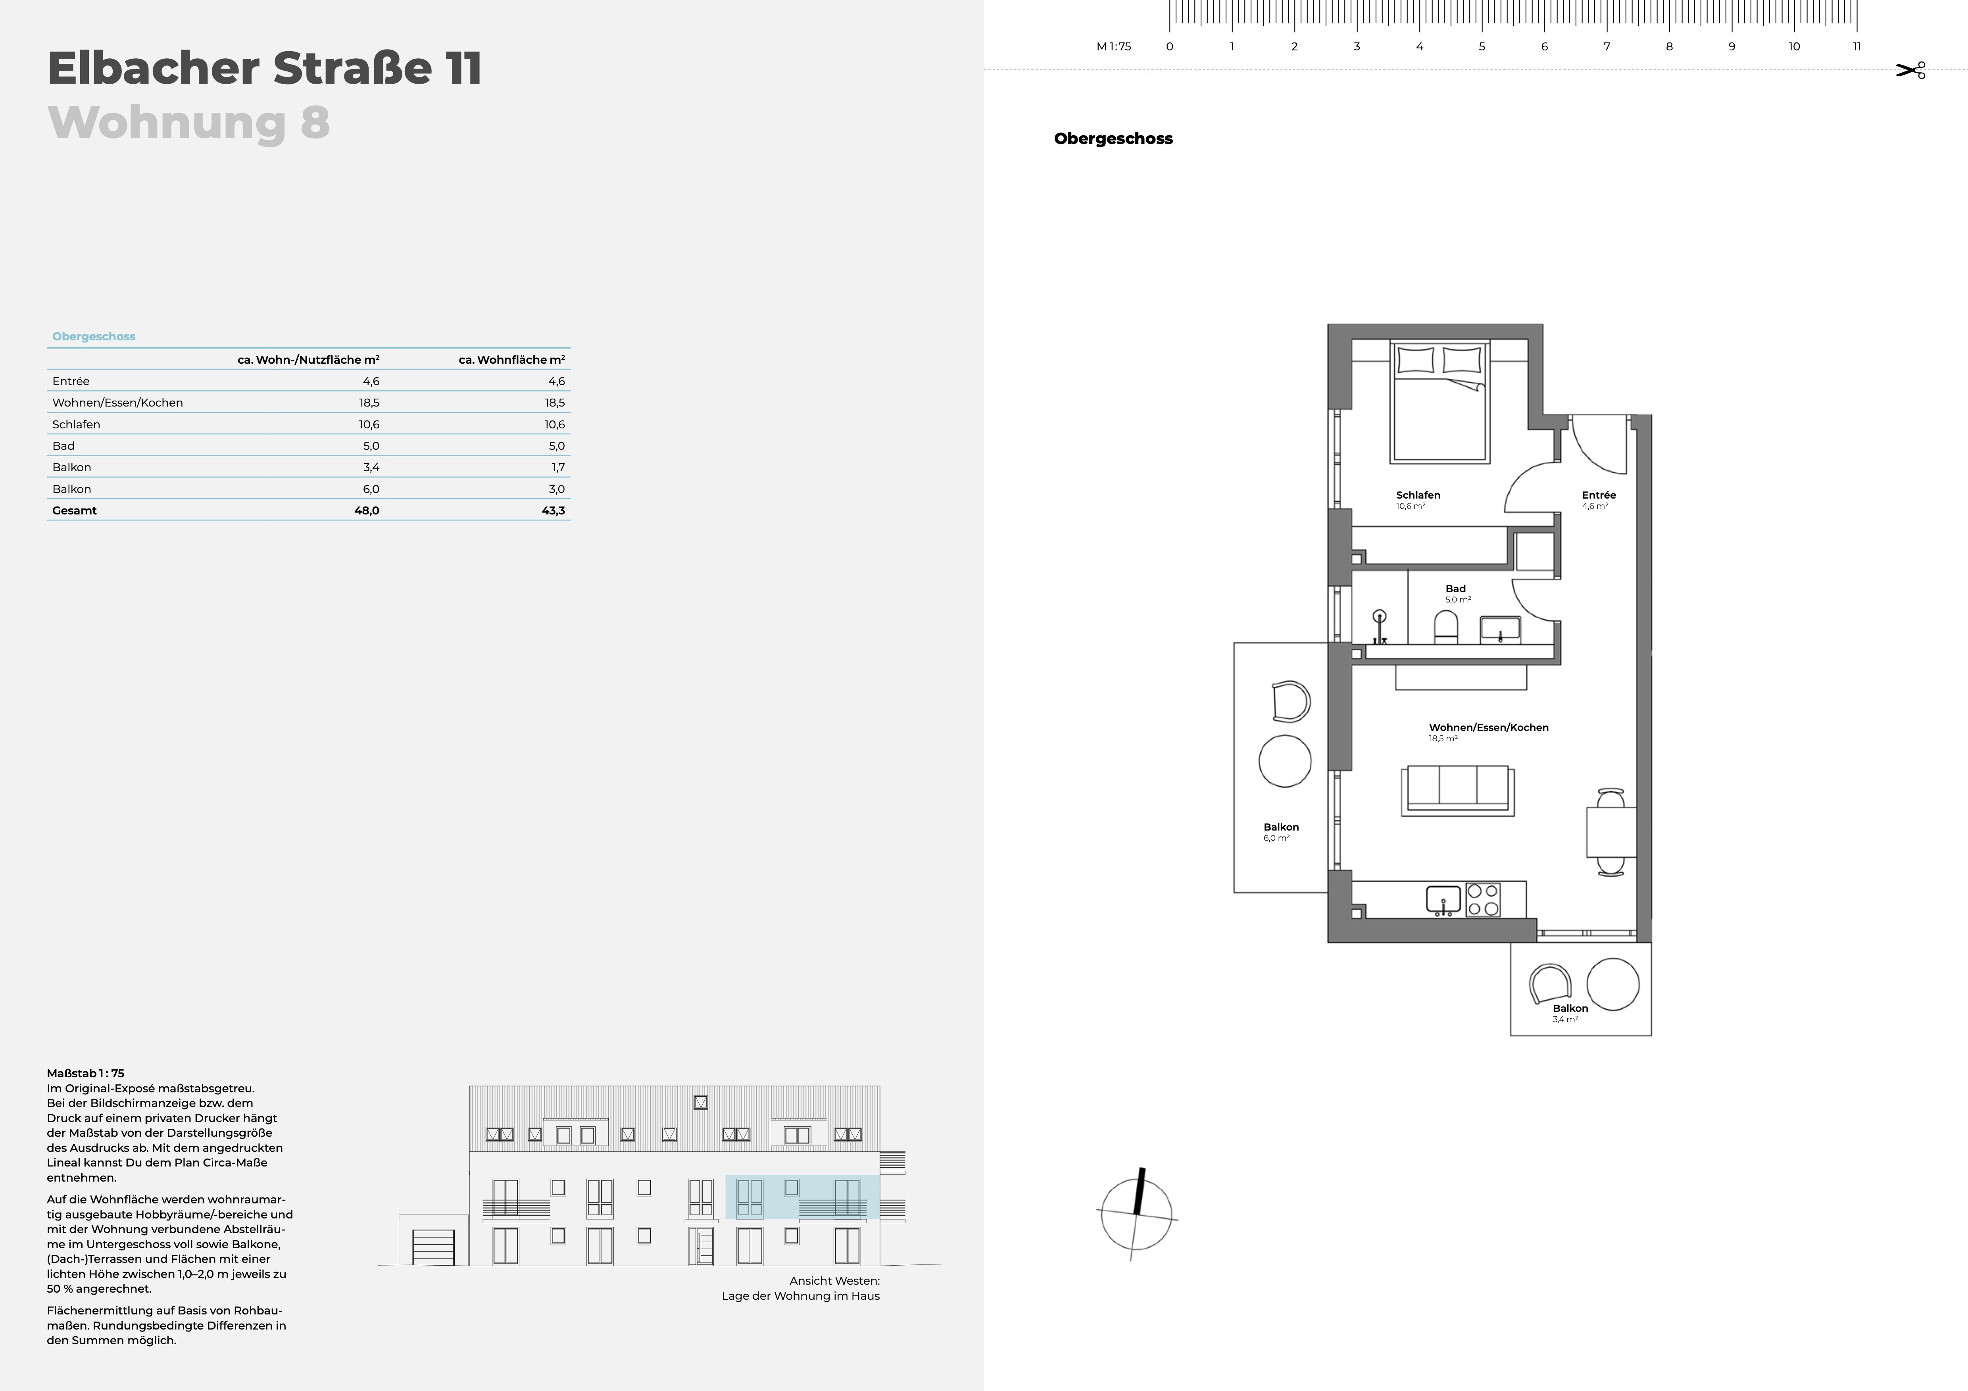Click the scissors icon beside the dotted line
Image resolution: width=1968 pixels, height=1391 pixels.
(x=1910, y=70)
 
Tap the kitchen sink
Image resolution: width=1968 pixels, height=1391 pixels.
(x=1443, y=900)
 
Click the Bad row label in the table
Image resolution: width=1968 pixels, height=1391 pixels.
(x=63, y=446)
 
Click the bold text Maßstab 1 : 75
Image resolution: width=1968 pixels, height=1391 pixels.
(x=86, y=1073)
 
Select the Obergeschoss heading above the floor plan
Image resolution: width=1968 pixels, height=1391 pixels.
(x=1113, y=139)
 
